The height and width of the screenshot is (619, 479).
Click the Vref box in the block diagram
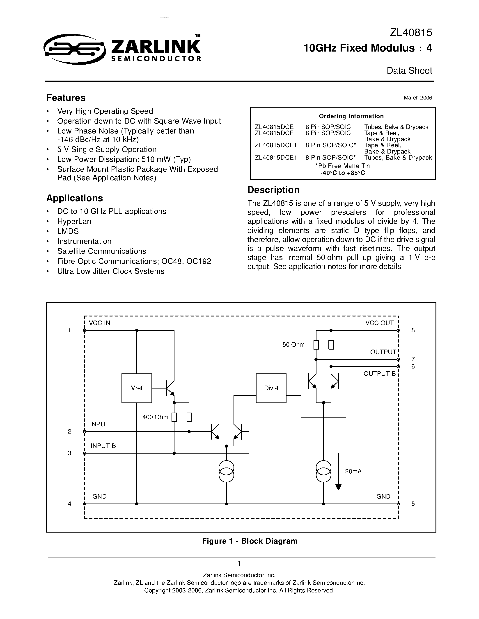137,388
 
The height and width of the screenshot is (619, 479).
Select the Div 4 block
271,388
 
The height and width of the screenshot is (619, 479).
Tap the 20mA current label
353,471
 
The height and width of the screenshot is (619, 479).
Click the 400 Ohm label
155,417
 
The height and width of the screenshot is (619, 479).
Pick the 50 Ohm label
293,345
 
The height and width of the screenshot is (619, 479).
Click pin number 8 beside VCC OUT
413,330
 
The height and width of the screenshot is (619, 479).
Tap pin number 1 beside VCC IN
69,330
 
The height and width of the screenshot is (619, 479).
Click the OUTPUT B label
379,374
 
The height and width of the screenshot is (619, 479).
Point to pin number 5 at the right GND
413,504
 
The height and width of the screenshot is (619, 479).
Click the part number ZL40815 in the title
411,33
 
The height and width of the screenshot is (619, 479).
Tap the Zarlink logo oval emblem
74,49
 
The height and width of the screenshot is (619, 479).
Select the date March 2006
418,98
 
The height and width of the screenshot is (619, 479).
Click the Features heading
66,98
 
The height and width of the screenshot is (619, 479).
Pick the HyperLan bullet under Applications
74,221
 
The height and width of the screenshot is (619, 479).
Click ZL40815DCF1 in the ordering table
275,145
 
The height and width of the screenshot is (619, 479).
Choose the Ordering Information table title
351,116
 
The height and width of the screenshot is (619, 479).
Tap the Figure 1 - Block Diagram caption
250,541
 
